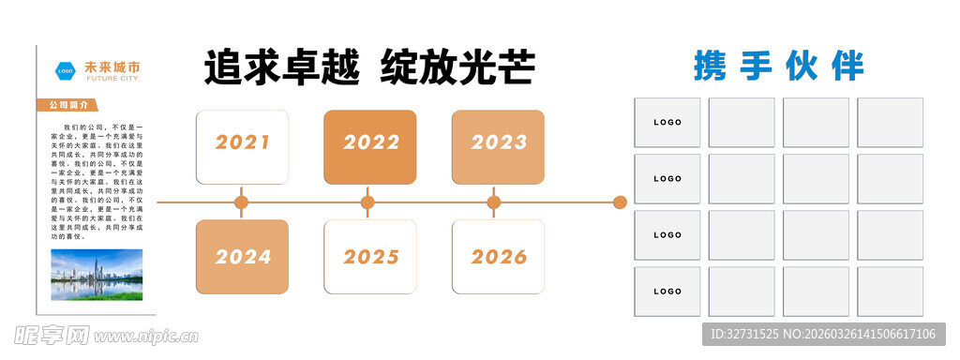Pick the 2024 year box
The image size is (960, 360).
(241, 256)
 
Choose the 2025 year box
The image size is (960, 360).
(369, 256)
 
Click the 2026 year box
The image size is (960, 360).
(498, 256)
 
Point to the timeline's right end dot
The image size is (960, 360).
(620, 202)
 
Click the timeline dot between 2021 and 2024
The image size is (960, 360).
(241, 202)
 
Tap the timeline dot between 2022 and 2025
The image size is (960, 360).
(367, 202)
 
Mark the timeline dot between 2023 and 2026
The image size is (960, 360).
(494, 202)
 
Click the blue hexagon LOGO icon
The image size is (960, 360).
(66, 70)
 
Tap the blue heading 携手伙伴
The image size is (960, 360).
(778, 67)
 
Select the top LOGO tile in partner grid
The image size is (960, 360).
(667, 123)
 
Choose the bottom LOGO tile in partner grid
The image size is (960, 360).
(667, 292)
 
